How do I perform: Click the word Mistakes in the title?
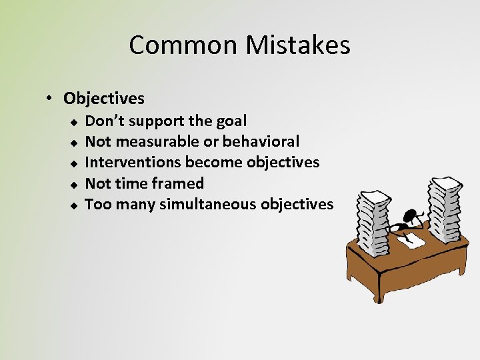tap(298, 45)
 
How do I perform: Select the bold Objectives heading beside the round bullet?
tap(104, 99)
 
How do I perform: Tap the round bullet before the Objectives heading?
tap(50, 99)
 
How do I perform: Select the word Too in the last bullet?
tap(97, 204)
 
